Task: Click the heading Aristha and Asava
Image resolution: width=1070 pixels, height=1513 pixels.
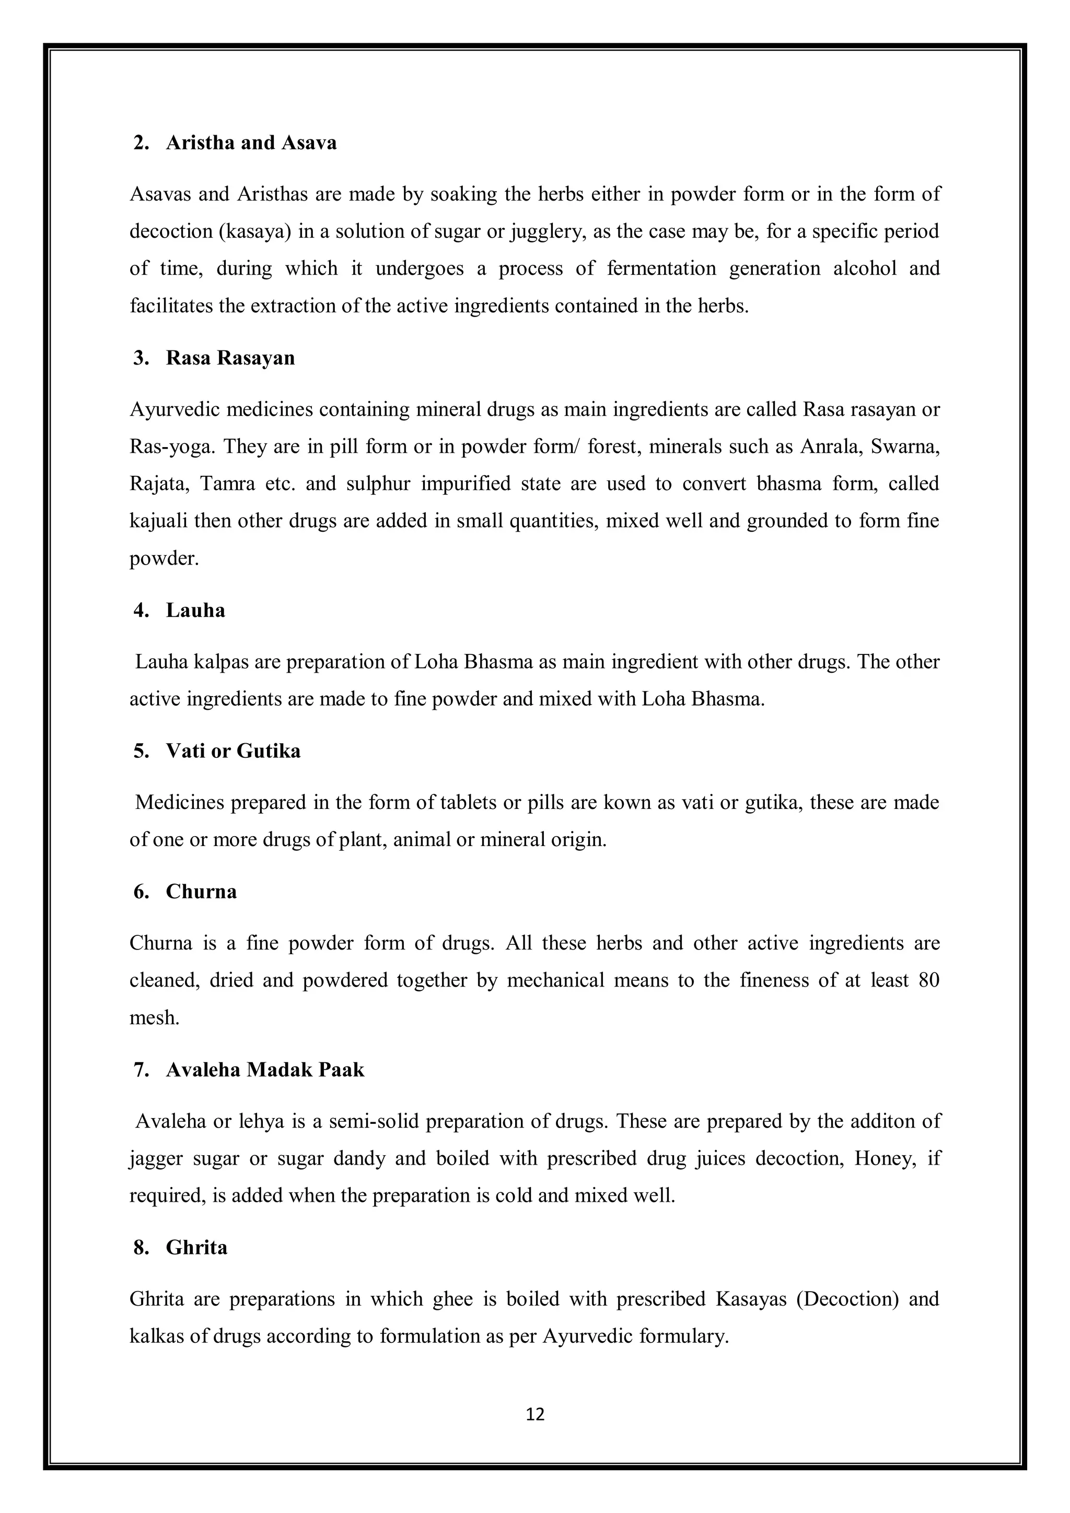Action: click(251, 143)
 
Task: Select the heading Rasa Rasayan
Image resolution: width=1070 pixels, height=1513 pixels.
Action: click(230, 358)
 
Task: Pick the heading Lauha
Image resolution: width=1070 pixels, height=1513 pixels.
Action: click(195, 610)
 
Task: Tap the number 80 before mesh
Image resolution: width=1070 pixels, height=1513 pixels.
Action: click(928, 980)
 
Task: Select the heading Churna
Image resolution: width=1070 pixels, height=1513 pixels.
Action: click(201, 892)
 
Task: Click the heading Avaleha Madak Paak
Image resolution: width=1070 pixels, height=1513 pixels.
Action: click(264, 1070)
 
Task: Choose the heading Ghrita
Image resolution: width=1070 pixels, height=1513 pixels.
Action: click(196, 1248)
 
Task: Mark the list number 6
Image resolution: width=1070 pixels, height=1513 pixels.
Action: click(141, 892)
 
